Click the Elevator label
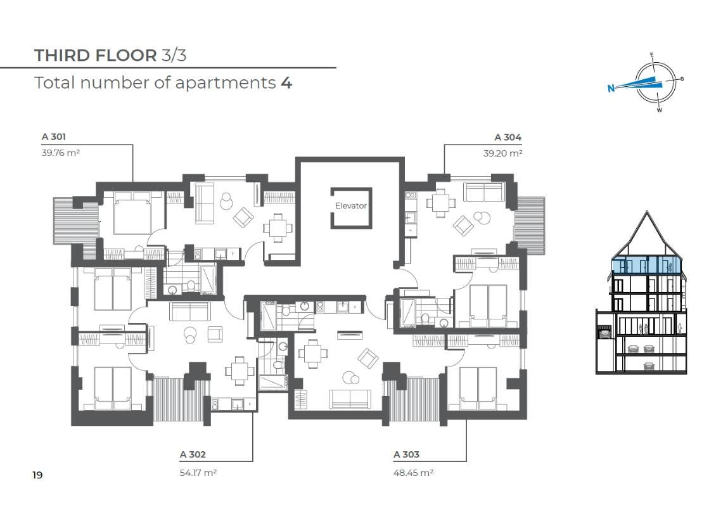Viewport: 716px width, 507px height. [x=350, y=206]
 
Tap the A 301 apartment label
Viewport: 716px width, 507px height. [x=53, y=136]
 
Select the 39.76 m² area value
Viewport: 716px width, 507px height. [x=61, y=153]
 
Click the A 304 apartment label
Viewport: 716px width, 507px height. [x=508, y=137]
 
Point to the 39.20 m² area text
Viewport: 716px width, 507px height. [x=502, y=153]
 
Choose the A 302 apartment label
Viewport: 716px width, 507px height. [x=193, y=454]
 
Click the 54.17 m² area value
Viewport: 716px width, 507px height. [x=198, y=473]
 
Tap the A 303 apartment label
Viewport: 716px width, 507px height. [x=406, y=454]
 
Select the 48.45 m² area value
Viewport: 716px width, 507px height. [x=413, y=473]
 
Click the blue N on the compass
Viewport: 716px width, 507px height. [x=611, y=88]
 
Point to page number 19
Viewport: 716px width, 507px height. [x=37, y=475]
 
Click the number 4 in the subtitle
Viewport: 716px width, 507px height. [x=286, y=83]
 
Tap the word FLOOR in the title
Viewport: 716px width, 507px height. [x=122, y=56]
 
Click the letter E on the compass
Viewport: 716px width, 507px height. [x=651, y=55]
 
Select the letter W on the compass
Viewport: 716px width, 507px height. [x=660, y=110]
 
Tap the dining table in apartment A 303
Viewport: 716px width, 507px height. [x=313, y=353]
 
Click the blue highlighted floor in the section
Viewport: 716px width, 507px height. [x=647, y=266]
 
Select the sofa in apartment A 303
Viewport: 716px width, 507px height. [x=350, y=399]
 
